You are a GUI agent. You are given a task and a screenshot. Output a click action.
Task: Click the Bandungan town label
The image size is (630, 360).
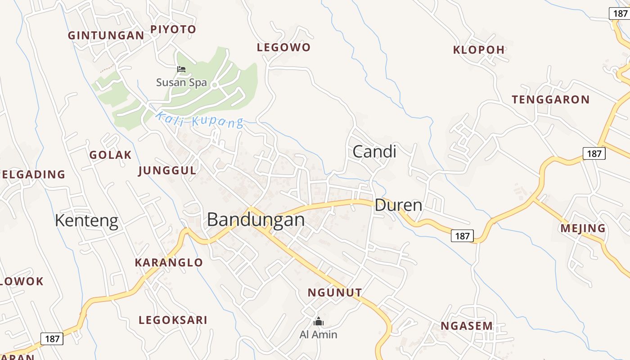[x=256, y=220]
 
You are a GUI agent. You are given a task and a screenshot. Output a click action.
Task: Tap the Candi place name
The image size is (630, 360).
[x=374, y=152]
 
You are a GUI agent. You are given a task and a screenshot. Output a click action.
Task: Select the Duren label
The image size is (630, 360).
[x=398, y=206]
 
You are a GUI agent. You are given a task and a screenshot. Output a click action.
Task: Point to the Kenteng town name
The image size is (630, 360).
[x=86, y=221]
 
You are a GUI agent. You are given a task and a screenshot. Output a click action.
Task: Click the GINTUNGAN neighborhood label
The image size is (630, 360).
[x=106, y=36]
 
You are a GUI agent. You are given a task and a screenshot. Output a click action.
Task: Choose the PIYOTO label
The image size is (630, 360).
[x=173, y=30]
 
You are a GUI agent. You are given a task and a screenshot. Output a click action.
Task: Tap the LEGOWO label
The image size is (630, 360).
[x=283, y=48]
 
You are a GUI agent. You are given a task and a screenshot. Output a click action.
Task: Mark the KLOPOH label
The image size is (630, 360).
[x=479, y=50]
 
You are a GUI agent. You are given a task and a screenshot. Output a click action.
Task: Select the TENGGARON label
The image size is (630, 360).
[x=550, y=100]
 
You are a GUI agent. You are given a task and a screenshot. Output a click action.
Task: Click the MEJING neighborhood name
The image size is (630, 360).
[x=583, y=229]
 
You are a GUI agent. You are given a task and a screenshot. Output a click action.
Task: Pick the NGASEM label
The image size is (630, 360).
[x=467, y=326]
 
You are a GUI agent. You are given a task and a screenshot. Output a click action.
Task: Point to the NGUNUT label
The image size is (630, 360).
[x=335, y=293]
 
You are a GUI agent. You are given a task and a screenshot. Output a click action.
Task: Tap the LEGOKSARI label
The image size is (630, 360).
[x=173, y=320]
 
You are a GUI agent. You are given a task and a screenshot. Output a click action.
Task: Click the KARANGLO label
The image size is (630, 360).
[x=169, y=263]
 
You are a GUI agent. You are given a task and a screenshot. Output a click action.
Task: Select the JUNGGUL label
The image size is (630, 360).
[x=167, y=171]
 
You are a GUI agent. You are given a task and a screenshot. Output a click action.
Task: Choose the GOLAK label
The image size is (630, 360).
[x=110, y=155]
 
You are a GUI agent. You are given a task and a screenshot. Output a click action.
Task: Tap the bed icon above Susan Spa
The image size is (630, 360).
[x=181, y=69]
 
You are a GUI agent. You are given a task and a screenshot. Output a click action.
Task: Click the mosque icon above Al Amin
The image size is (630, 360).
[x=318, y=321]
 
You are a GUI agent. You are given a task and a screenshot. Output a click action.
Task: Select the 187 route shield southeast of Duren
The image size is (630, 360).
[x=462, y=236]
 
